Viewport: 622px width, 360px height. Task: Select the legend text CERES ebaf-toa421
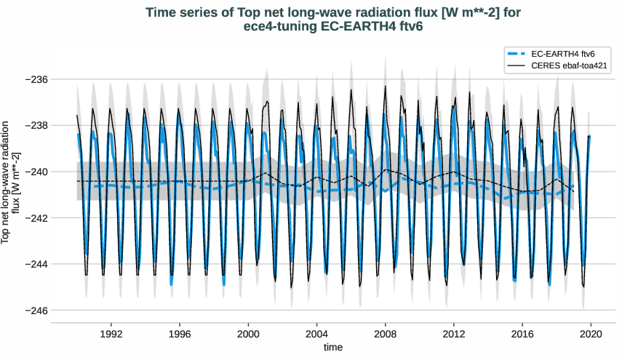[570, 65]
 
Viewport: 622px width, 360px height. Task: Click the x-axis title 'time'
[333, 348]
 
